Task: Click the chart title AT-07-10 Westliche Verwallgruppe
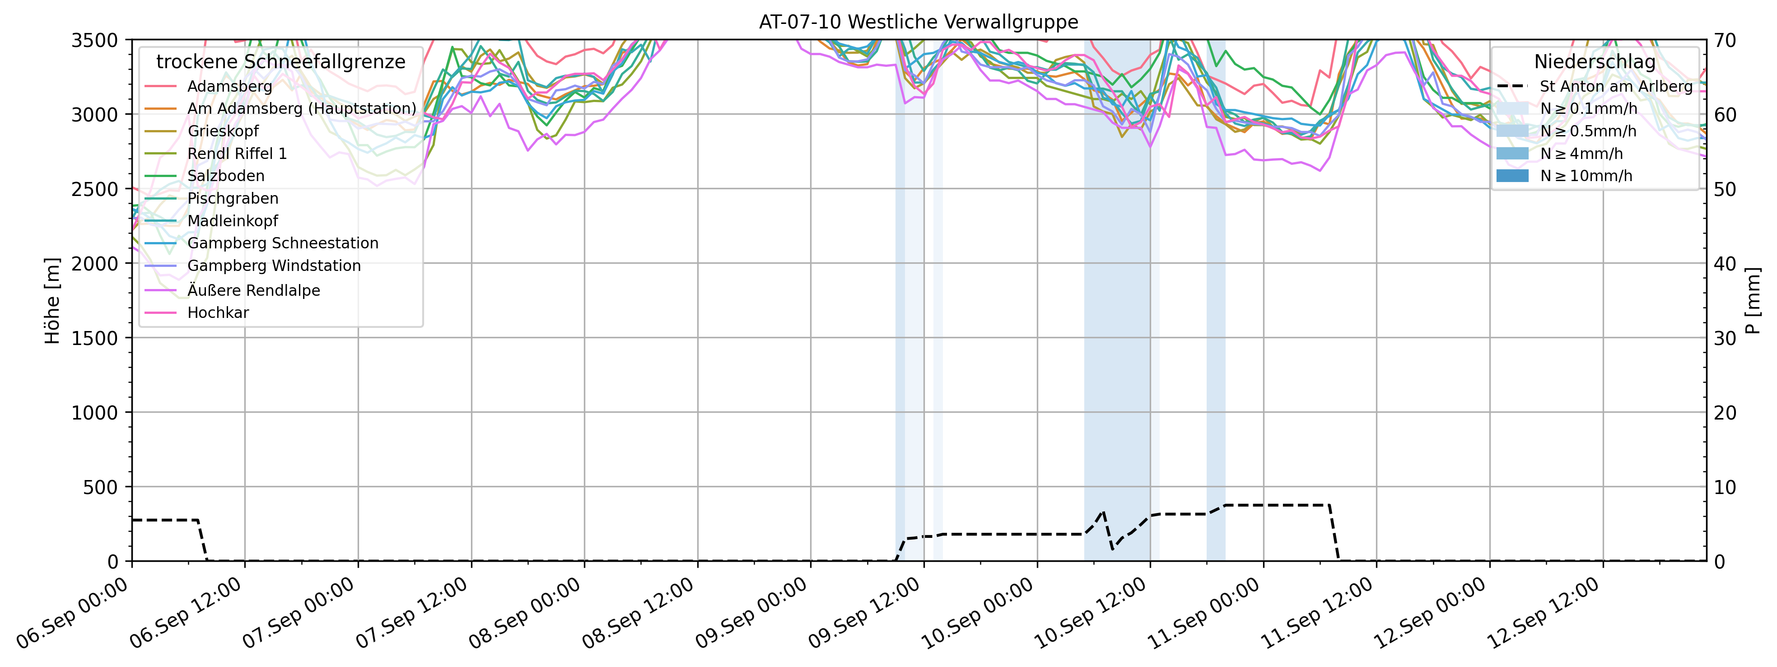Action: pyautogui.click(x=918, y=22)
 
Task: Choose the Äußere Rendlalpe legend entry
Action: pyautogui.click(x=253, y=290)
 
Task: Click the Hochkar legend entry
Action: pyautogui.click(x=218, y=313)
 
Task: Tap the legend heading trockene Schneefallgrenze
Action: pyautogui.click(x=281, y=62)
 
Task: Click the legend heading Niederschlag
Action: pyautogui.click(x=1594, y=62)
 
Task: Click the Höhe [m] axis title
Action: pyautogui.click(x=52, y=301)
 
